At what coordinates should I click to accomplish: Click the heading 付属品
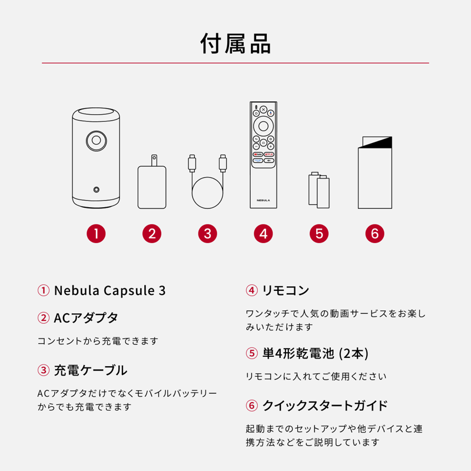pyautogui.click(x=235, y=44)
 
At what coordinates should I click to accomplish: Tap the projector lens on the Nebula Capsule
pyautogui.click(x=96, y=140)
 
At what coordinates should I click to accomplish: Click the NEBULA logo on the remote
pyautogui.click(x=263, y=200)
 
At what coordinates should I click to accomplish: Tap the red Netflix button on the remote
pyautogui.click(x=269, y=154)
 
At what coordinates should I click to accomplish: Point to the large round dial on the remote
pyautogui.click(x=263, y=126)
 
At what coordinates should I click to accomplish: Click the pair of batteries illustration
pyautogui.click(x=319, y=190)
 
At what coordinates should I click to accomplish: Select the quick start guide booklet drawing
pyautogui.click(x=375, y=173)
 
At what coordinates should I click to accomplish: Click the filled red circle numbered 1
pyautogui.click(x=96, y=234)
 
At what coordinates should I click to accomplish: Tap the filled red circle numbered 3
pyautogui.click(x=208, y=234)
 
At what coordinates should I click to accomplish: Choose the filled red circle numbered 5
pyautogui.click(x=319, y=234)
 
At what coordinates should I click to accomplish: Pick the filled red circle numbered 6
pyautogui.click(x=375, y=234)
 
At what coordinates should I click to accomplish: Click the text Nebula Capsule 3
pyautogui.click(x=110, y=290)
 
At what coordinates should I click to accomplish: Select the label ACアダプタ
pyautogui.click(x=86, y=318)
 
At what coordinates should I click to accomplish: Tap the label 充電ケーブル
pyautogui.click(x=91, y=370)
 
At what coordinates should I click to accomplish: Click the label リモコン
pyautogui.click(x=286, y=290)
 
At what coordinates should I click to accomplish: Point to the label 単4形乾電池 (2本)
pyautogui.click(x=316, y=353)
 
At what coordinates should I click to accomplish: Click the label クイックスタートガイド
pyautogui.click(x=325, y=406)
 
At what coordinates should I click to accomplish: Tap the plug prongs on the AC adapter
pyautogui.click(x=154, y=160)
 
